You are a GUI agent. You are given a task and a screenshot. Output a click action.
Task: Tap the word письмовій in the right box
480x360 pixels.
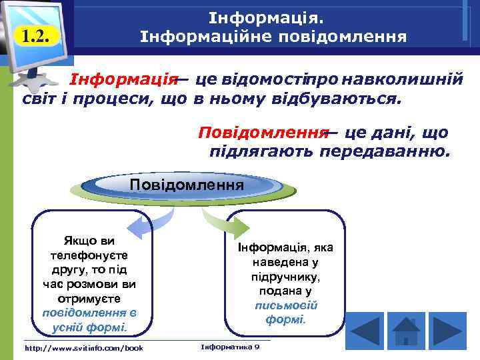click(x=286, y=305)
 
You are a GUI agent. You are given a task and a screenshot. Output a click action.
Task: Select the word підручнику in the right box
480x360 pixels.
click(x=286, y=277)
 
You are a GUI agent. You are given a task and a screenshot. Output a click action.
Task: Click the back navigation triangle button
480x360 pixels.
click(x=364, y=331)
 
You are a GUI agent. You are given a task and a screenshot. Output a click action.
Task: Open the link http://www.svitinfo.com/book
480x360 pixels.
click(x=83, y=348)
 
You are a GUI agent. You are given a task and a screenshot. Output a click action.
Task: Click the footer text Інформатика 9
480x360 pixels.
click(x=230, y=347)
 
